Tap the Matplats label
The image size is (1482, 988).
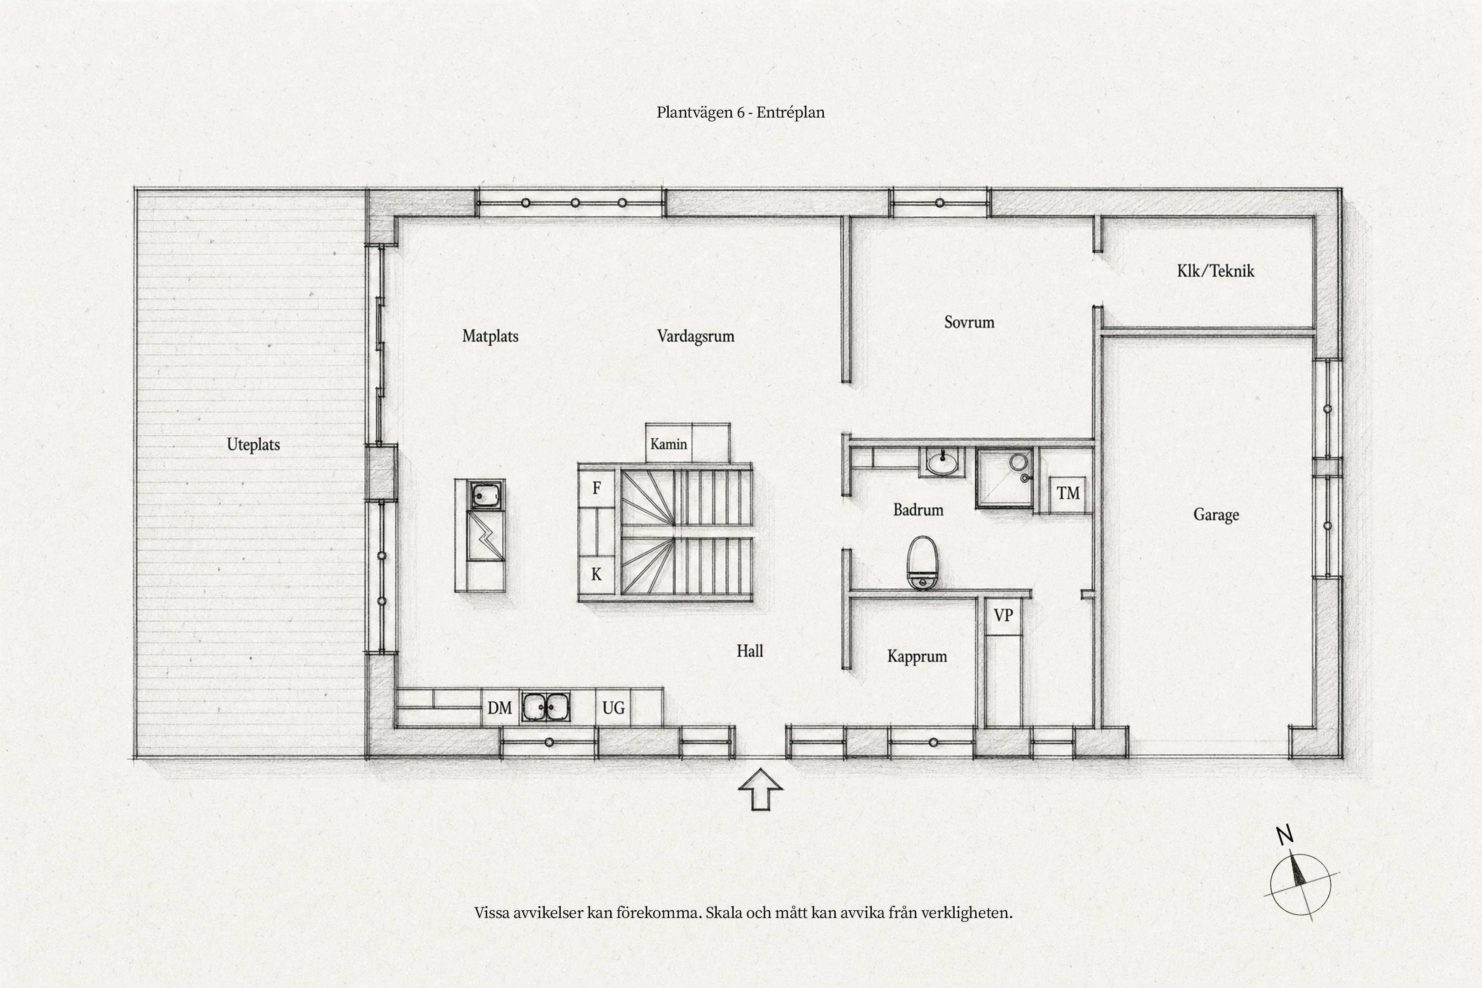[490, 336]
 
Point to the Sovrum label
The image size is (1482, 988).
[969, 322]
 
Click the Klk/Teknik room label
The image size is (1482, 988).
[1215, 271]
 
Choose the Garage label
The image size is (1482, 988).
[1216, 515]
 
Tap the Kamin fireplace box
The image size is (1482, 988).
[669, 444]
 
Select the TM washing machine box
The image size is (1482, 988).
[1068, 494]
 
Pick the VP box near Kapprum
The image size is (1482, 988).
[1003, 615]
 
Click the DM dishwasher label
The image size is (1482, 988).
[499, 708]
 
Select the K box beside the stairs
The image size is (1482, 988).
[596, 575]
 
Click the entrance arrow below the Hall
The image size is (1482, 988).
[761, 789]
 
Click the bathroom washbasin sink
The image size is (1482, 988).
[942, 462]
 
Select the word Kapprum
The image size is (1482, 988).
[917, 656]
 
